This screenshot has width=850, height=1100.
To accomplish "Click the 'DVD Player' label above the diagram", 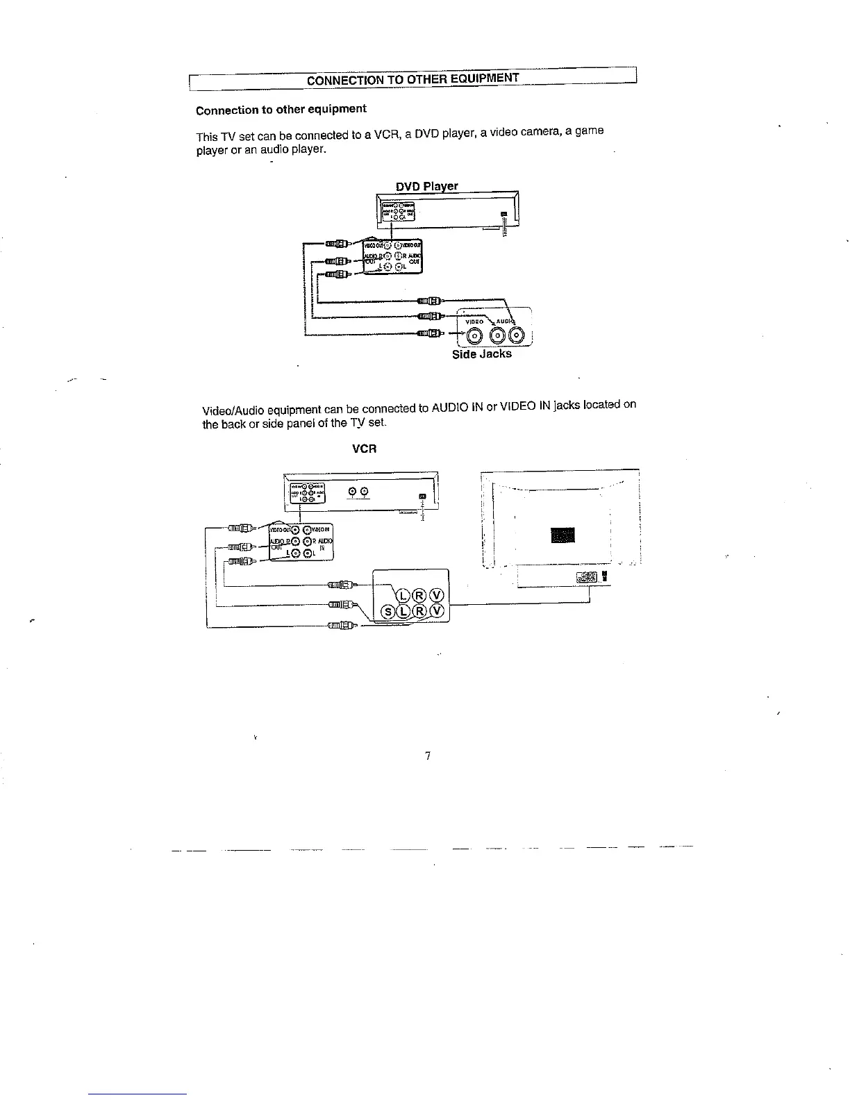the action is point(426,186).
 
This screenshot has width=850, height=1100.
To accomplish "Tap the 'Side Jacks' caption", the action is point(481,354).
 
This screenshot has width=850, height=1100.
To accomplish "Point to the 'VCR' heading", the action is point(365,449).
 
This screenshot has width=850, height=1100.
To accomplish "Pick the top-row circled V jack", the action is point(437,594).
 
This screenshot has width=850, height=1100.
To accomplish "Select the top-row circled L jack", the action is point(403,594).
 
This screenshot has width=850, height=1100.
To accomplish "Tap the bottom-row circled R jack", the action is point(419,612).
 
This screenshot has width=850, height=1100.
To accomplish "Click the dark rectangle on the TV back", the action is point(562,535).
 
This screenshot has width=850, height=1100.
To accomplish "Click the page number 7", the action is point(428,756).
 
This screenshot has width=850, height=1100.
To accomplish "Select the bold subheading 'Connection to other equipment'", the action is point(281,110).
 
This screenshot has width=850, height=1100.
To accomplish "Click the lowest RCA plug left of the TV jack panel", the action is point(341,627).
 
